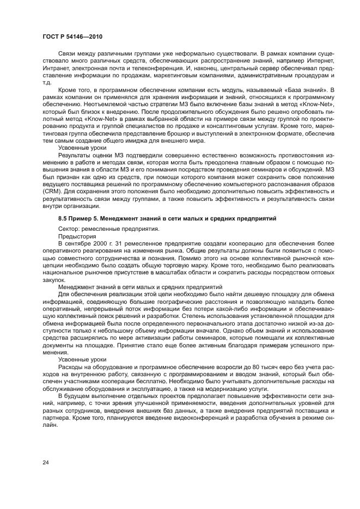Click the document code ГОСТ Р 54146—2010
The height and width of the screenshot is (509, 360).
[x=72, y=36]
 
